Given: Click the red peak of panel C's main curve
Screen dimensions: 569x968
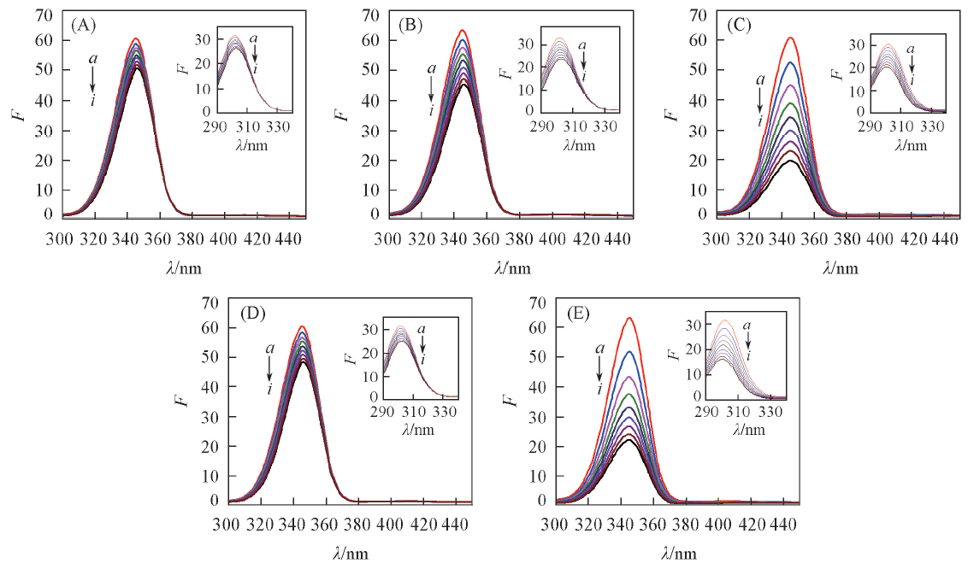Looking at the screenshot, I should coord(791,38).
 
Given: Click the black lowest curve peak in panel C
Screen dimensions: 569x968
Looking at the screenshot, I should coord(791,161).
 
